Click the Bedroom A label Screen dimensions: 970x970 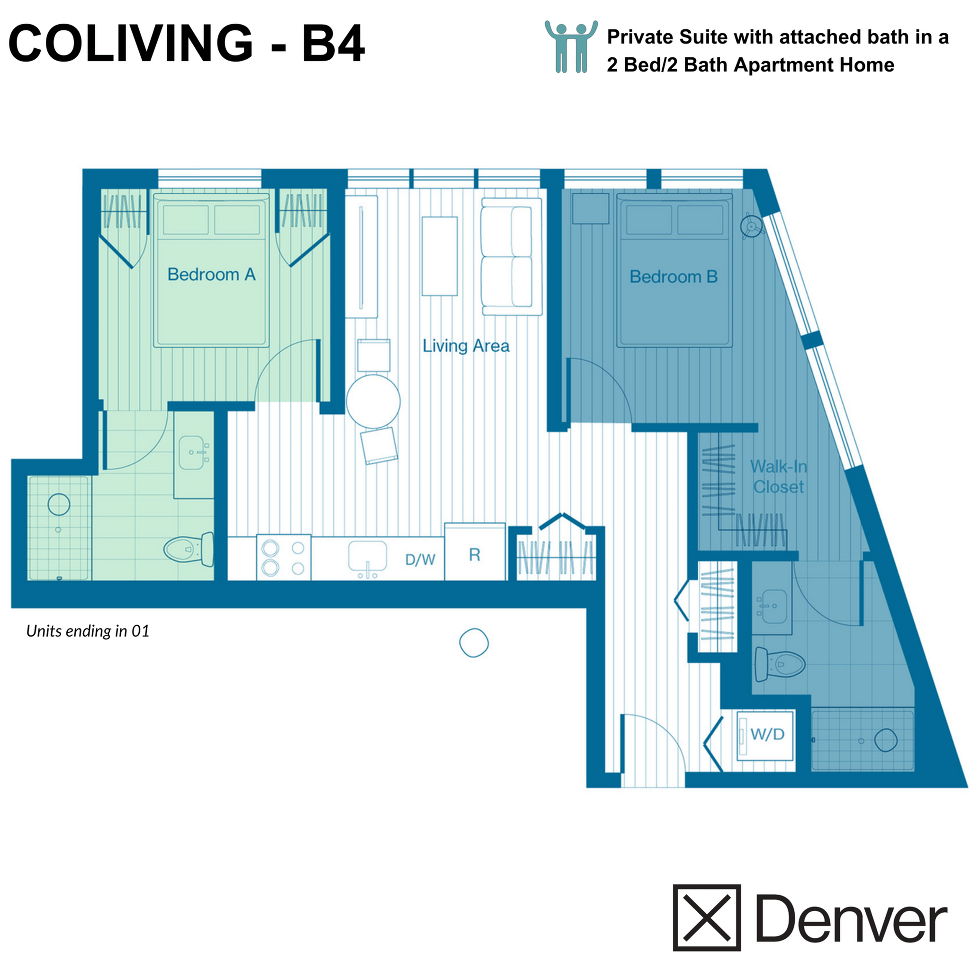pyautogui.click(x=211, y=274)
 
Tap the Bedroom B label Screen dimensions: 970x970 pyautogui.click(x=674, y=277)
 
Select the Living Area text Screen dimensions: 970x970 pyautogui.click(x=466, y=345)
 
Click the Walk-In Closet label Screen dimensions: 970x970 pyautogui.click(x=778, y=476)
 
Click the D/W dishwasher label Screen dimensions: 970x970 pyautogui.click(x=420, y=559)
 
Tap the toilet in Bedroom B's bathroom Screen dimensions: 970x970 pyautogui.click(x=779, y=664)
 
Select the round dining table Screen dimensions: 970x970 pyautogui.click(x=373, y=401)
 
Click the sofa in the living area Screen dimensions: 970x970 pyautogui.click(x=511, y=257)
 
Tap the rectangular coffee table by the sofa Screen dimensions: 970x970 pyautogui.click(x=440, y=256)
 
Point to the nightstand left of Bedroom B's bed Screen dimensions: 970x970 pyautogui.click(x=591, y=208)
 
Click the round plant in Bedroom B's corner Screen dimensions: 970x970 pyautogui.click(x=751, y=226)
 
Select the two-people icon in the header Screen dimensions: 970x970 pyautogui.click(x=571, y=47)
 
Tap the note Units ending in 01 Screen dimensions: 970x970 pyautogui.click(x=88, y=631)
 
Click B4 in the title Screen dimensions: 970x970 pyautogui.click(x=333, y=44)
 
